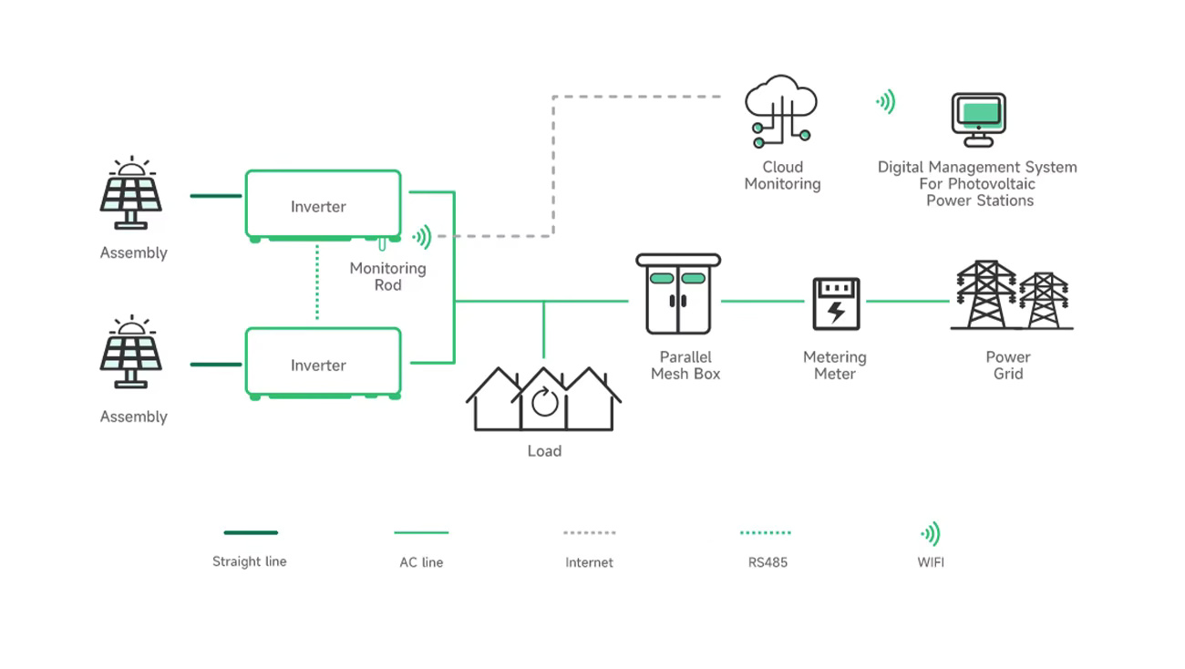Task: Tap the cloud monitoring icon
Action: pos(781,111)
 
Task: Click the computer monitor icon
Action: pos(979,119)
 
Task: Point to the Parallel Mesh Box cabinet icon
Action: pos(678,294)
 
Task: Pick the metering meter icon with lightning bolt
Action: pos(836,304)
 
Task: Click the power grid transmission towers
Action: pos(1012,295)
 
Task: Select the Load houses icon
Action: pos(543,399)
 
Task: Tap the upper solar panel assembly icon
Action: pos(131,193)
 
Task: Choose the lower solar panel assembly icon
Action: pos(131,352)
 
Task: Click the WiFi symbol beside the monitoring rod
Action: pos(422,237)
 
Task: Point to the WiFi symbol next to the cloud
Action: pos(886,101)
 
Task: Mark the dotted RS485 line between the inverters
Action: pos(317,283)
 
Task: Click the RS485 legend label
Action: pos(768,562)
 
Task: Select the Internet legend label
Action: pos(589,562)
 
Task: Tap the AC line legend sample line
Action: pos(421,532)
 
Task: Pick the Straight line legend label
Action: pos(249,561)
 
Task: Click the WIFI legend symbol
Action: pos(931,533)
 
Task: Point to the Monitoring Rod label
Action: pos(387,276)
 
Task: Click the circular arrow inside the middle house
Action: pos(544,402)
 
